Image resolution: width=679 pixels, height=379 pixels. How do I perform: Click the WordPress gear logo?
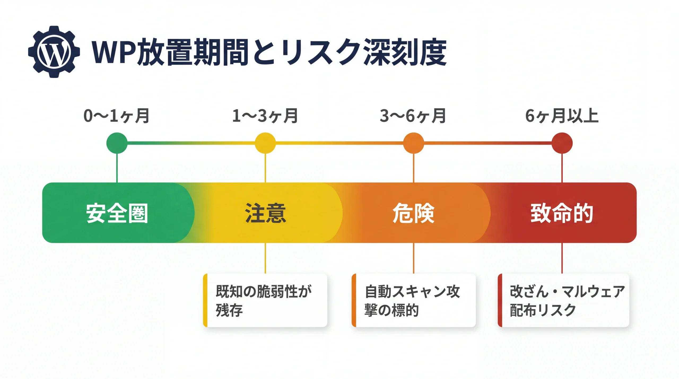tap(54, 52)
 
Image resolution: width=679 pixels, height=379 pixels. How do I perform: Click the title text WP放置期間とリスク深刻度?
tap(269, 52)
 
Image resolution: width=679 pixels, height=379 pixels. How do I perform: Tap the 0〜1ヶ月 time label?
tap(116, 116)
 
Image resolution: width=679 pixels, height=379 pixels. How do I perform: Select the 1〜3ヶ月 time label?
tap(265, 116)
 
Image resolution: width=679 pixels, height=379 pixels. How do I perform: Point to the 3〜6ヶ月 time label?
tap(413, 116)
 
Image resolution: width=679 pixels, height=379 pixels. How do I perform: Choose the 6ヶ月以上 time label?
tap(562, 116)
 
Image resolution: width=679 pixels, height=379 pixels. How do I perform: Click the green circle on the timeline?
tap(117, 143)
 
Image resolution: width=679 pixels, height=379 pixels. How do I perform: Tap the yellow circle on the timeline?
tap(265, 143)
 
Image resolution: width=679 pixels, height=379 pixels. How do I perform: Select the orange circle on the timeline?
tap(414, 143)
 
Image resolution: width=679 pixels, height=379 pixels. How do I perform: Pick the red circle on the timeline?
tap(562, 143)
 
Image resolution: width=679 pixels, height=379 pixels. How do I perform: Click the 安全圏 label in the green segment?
tap(117, 213)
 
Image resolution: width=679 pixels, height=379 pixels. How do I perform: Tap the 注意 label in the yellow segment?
tap(265, 213)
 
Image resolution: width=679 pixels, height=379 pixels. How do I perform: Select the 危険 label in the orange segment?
tap(413, 213)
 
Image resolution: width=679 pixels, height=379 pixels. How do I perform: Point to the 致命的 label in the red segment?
tap(562, 213)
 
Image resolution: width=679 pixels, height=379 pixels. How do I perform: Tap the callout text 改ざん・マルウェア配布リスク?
tap(567, 300)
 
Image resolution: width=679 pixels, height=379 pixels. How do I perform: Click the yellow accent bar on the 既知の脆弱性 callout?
tap(205, 300)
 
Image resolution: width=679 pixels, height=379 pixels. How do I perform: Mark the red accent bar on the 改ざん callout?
tap(500, 300)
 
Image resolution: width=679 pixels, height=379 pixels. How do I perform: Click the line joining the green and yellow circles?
tap(191, 143)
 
